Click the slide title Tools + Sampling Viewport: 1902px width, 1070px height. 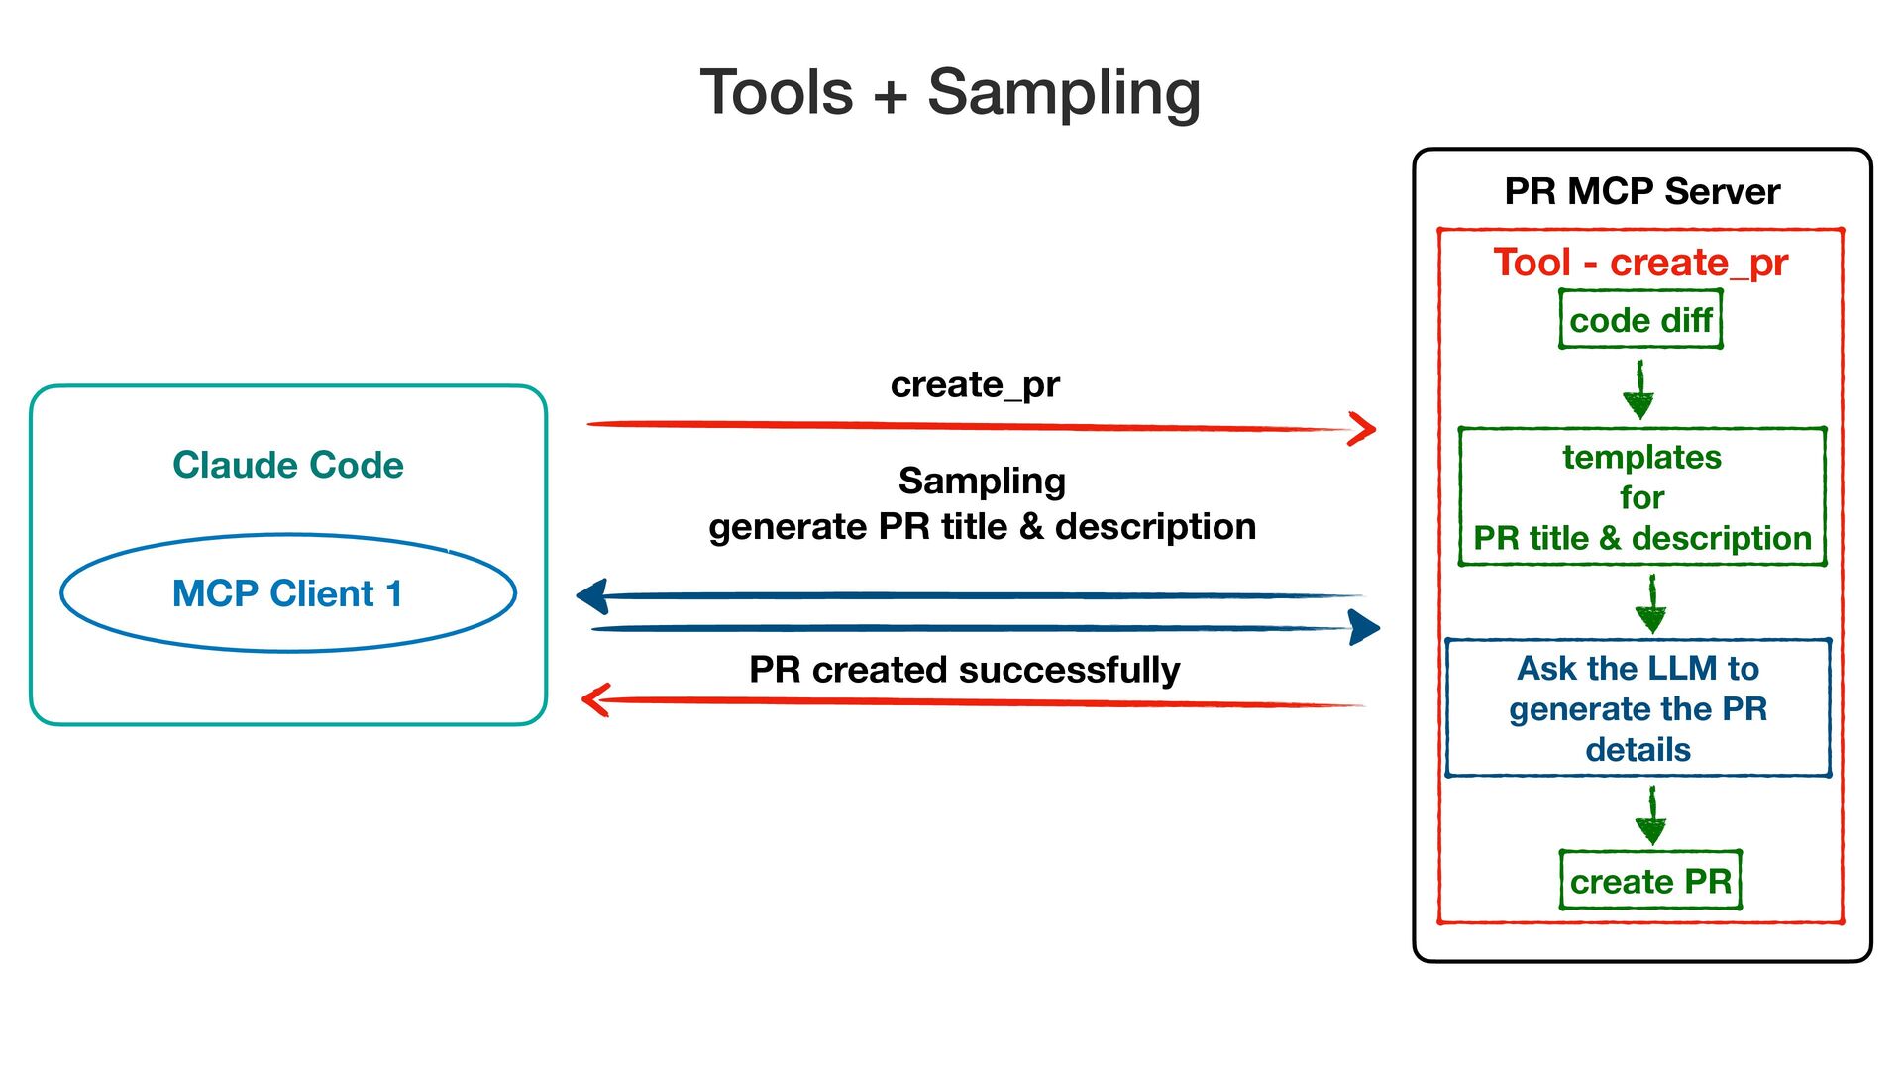(950, 93)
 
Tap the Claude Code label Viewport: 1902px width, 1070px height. (288, 465)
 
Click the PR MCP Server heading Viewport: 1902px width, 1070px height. (1641, 191)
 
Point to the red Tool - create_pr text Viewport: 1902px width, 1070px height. (1640, 263)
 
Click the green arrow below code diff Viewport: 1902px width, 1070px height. (1639, 389)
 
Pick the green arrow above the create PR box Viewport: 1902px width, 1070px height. (1651, 815)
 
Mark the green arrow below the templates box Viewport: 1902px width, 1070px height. (1651, 604)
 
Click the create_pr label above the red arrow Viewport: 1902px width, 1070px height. (975, 385)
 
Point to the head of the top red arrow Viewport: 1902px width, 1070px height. (1375, 429)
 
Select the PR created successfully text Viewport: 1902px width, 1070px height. (964, 671)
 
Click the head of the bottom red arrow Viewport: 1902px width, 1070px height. (583, 699)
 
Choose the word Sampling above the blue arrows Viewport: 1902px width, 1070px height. (982, 481)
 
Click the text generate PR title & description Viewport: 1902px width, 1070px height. (982, 527)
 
